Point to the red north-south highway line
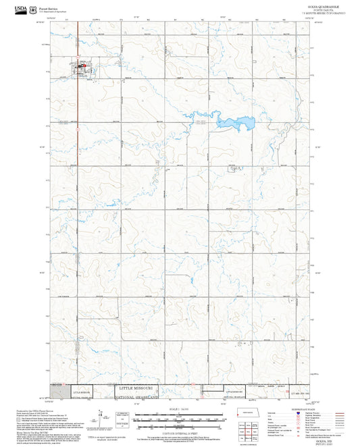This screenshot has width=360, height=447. [x=76, y=203]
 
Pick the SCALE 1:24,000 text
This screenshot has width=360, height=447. [x=179, y=409]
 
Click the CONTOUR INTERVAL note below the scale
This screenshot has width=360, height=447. [x=179, y=431]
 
